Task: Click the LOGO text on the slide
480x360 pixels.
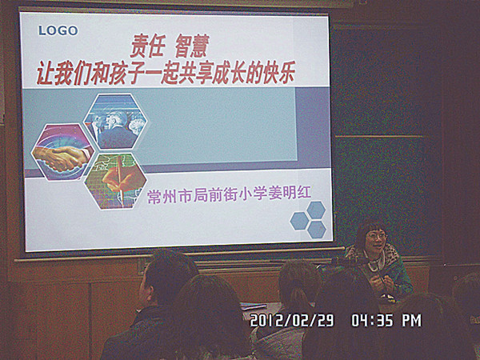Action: (58, 30)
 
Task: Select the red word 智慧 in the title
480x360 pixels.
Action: (192, 46)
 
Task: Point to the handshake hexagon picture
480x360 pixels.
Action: (62, 151)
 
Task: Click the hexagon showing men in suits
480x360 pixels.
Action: (115, 122)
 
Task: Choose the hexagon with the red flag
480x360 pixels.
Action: (115, 182)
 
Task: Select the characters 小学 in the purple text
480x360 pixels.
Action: (252, 194)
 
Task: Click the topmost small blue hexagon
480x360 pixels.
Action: (316, 210)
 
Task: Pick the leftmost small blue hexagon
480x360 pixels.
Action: (299, 221)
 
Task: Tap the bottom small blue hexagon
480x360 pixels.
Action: (317, 230)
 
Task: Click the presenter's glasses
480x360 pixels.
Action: (376, 236)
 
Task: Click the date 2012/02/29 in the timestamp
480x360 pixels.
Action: (292, 321)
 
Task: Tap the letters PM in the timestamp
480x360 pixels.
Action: (412, 321)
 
